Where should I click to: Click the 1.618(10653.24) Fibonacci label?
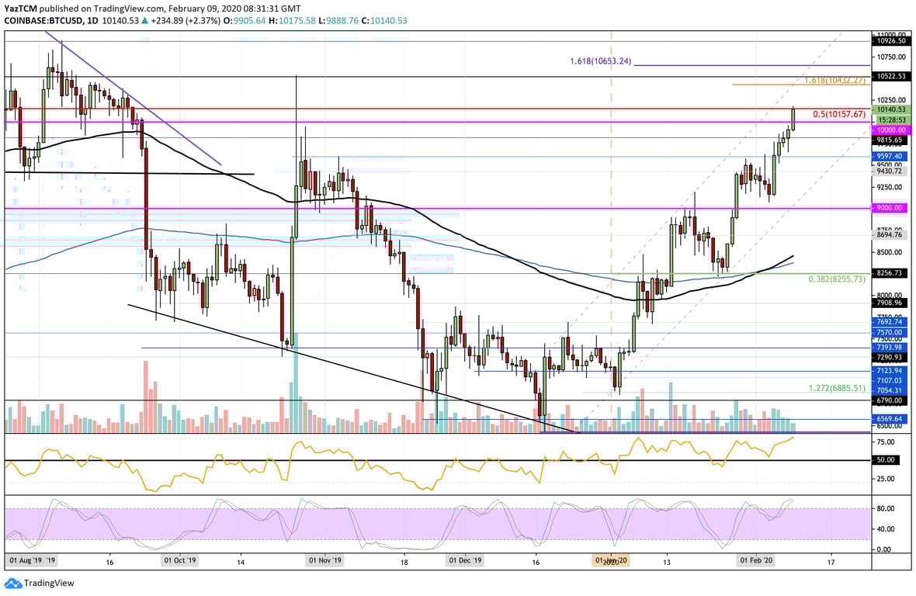600,61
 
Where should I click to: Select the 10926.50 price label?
890,40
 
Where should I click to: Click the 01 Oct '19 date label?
179,560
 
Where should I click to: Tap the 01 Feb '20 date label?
755,560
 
